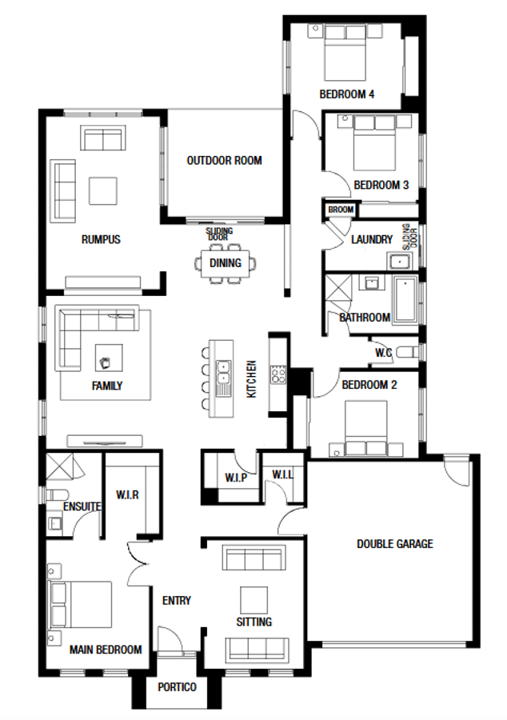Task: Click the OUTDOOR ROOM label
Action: [x=224, y=161]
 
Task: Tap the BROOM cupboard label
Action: [x=341, y=210]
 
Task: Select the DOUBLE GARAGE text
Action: [x=394, y=544]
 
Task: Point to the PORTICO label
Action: [x=177, y=687]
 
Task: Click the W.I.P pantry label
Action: [x=236, y=478]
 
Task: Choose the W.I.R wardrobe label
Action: [x=127, y=495]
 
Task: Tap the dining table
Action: [x=226, y=263]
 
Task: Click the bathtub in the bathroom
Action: [x=405, y=298]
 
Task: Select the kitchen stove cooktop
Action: [x=279, y=374]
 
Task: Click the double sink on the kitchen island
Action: [x=223, y=372]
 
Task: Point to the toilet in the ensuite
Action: [x=56, y=495]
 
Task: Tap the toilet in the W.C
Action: [x=407, y=353]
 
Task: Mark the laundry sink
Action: [x=401, y=262]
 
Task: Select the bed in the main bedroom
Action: [x=81, y=604]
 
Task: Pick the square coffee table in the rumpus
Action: [x=103, y=191]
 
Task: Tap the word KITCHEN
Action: [x=251, y=379]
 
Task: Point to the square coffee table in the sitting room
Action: [x=253, y=601]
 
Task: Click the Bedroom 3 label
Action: [x=381, y=186]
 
